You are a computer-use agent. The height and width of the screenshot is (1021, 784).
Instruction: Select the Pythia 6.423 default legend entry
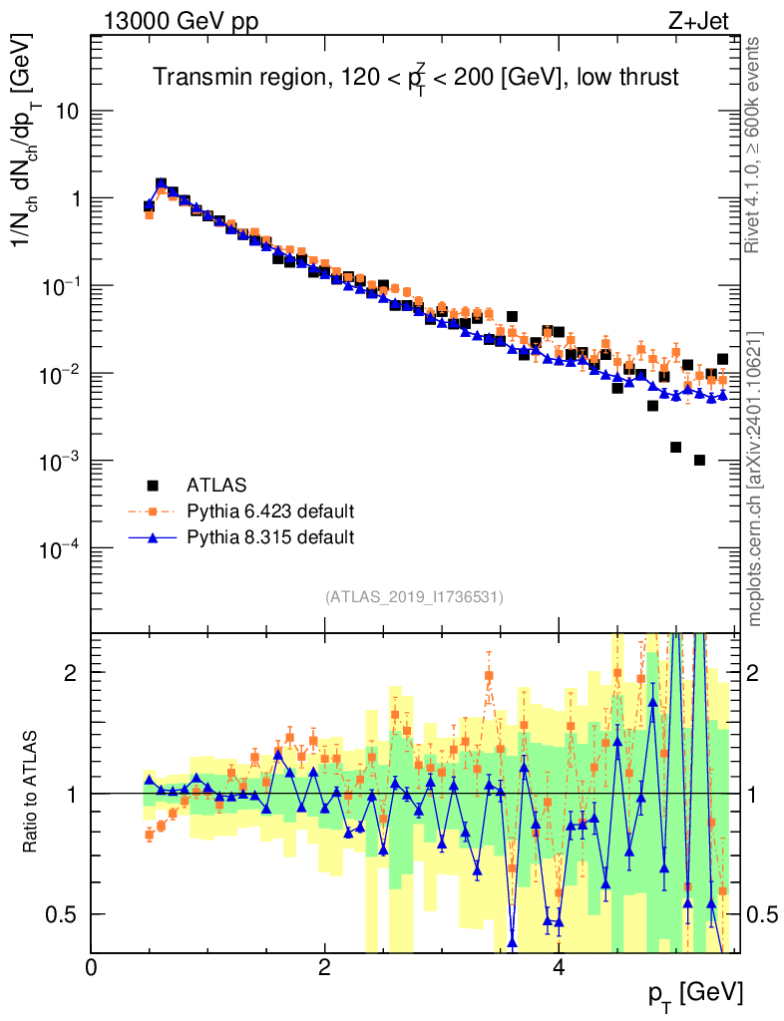coord(269,512)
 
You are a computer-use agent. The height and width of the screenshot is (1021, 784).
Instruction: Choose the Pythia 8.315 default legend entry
coord(269,538)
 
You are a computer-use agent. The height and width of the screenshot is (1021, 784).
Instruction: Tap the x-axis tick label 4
coord(559,967)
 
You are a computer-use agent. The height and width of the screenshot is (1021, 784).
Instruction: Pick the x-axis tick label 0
coord(91,967)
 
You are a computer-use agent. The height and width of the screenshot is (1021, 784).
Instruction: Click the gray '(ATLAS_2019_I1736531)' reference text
coord(414,597)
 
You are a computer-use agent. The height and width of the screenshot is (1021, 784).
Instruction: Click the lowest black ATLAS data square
coord(699,460)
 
